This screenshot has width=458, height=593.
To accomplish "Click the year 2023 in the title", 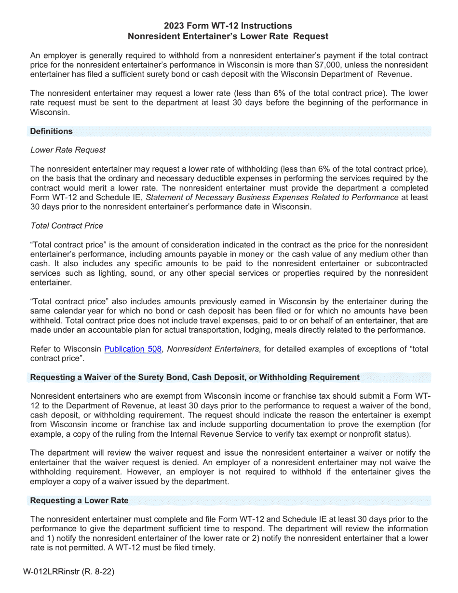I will [173, 26].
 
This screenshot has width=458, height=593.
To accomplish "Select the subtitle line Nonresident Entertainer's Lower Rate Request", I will [228, 36].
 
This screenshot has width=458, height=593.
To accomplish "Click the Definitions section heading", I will [51, 131].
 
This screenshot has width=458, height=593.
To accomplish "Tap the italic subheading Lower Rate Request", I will [67, 150].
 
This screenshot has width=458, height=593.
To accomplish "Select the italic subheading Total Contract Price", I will [67, 226].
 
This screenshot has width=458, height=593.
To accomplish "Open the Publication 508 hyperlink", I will [133, 349].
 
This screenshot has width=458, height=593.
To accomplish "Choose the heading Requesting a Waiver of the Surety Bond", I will [195, 377].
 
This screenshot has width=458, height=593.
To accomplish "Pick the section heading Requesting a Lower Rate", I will [79, 500].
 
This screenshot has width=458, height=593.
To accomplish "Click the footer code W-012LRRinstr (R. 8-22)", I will [68, 572].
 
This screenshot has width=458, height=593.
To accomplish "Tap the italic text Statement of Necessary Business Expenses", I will [272, 197].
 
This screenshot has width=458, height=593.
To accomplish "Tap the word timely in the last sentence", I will [203, 548].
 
